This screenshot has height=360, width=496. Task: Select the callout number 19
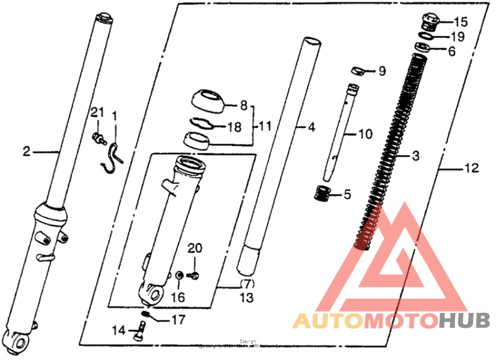pyautogui.click(x=458, y=37)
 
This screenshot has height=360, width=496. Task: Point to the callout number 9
pyautogui.click(x=382, y=71)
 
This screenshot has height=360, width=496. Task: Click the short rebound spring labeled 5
pyautogui.click(x=322, y=193)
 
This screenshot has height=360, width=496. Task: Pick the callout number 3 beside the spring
pyautogui.click(x=416, y=156)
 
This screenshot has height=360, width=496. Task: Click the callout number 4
pyautogui.click(x=311, y=128)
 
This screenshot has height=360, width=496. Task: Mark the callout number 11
pyautogui.click(x=265, y=127)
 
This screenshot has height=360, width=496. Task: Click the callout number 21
pyautogui.click(x=96, y=112)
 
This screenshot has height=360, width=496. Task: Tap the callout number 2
pyautogui.click(x=27, y=151)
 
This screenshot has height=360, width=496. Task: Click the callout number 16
pyautogui.click(x=178, y=297)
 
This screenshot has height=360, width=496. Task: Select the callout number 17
pyautogui.click(x=178, y=320)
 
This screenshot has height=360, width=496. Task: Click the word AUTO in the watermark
pyautogui.click(x=327, y=321)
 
